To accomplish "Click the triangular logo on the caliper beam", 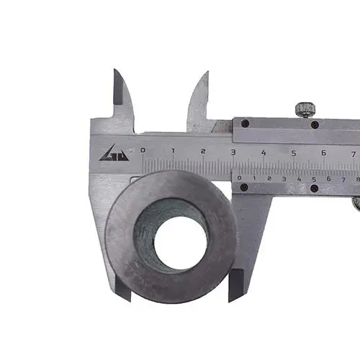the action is point(114,153).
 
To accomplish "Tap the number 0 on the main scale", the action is point(143,150).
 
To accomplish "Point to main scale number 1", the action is point(173,150).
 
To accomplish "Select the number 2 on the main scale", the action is point(203,151).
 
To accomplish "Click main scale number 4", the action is point(264,153).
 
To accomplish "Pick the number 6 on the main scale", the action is point(323,153).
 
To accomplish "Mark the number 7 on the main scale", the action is point(354,154).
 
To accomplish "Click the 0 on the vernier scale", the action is point(239,178).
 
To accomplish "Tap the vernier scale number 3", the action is point(284,179).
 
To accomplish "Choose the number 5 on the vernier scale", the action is point(314,179).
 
